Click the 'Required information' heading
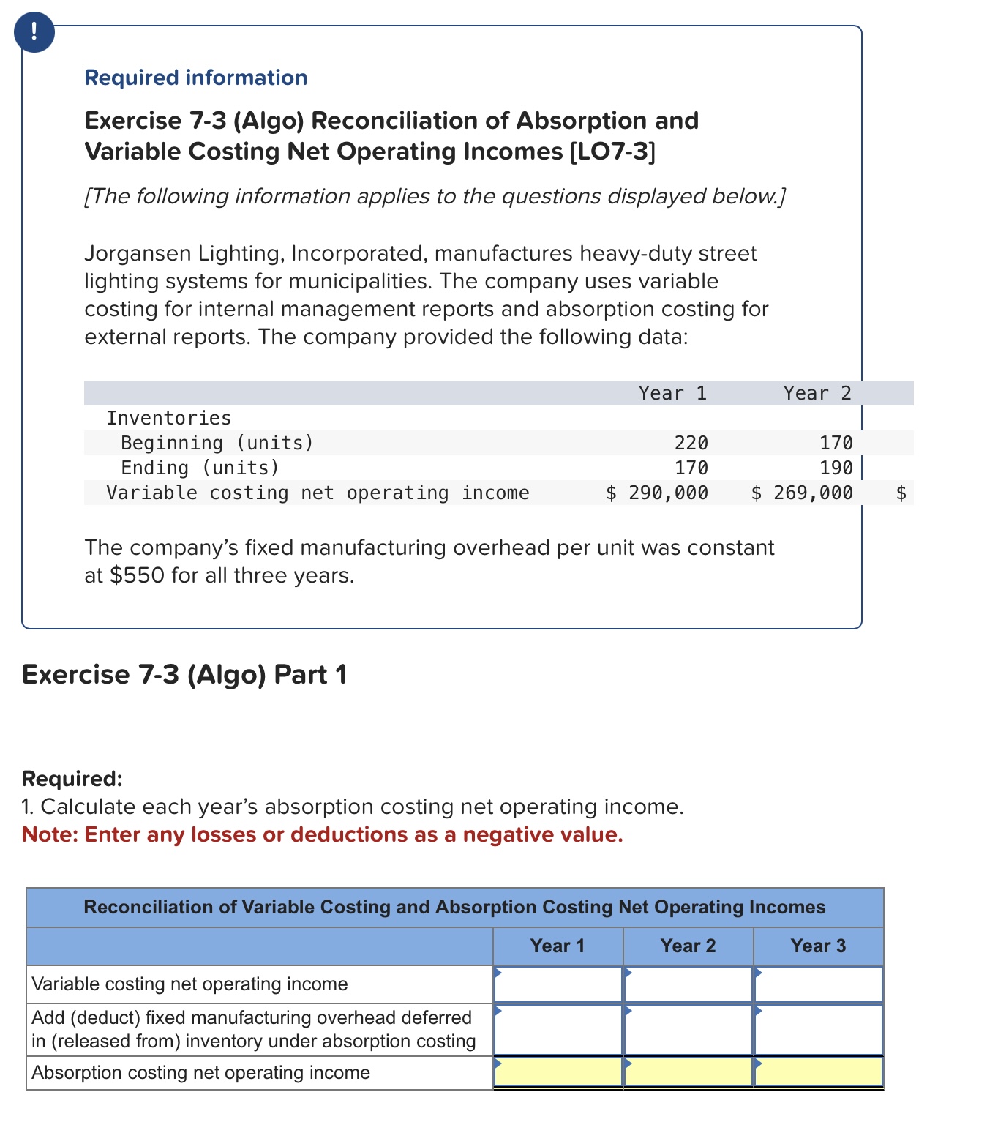pyautogui.click(x=195, y=78)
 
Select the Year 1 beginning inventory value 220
pyautogui.click(x=691, y=443)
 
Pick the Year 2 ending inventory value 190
pyautogui.click(x=836, y=468)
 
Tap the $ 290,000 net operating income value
pyautogui.click(x=657, y=493)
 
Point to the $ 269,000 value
pyautogui.click(x=802, y=493)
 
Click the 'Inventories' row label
pyautogui.click(x=168, y=418)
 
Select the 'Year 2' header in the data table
pyautogui.click(x=817, y=393)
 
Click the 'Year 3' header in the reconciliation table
pyautogui.click(x=817, y=946)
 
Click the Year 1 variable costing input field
pyautogui.click(x=558, y=984)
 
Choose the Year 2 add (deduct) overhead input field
pyautogui.click(x=688, y=1029)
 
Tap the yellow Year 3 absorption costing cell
pyautogui.click(x=818, y=1072)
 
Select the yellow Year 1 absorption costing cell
pyautogui.click(x=558, y=1072)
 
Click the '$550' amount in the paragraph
pyautogui.click(x=137, y=575)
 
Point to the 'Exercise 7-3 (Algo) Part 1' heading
pyautogui.click(x=184, y=674)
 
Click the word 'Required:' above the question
pyautogui.click(x=72, y=778)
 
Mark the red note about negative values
pyautogui.click(x=322, y=834)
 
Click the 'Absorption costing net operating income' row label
pyautogui.click(x=200, y=1072)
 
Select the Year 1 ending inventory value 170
pyautogui.click(x=691, y=468)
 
